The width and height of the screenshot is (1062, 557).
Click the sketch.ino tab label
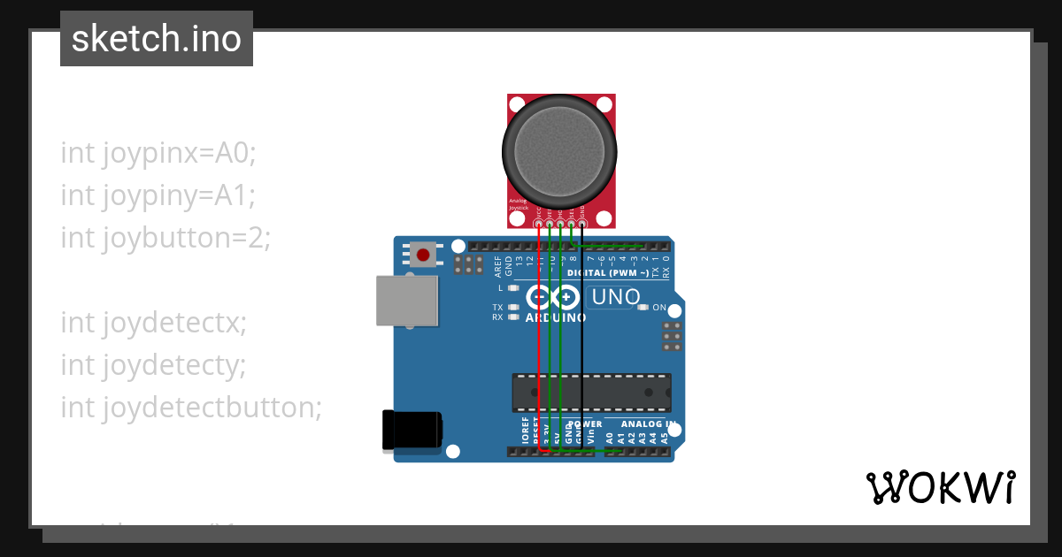point(156,39)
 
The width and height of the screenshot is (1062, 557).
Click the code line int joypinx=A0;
point(158,153)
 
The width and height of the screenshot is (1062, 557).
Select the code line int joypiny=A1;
point(158,195)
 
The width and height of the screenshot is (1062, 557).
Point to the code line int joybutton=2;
point(165,237)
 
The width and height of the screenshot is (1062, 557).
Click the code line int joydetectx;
point(153,323)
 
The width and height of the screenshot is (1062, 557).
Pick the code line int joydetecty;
point(153,364)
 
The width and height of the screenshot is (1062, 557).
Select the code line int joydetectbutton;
point(191,407)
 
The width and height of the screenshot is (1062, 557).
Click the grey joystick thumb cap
point(558,146)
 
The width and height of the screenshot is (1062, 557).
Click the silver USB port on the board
point(407,301)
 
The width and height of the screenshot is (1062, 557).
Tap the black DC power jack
point(412,431)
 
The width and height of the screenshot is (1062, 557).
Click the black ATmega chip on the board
point(591,393)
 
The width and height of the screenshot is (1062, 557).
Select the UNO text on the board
point(615,297)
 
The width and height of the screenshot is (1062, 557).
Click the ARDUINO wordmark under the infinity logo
point(555,317)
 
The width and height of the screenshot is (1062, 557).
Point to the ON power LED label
point(659,308)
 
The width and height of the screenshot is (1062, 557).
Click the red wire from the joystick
point(539,354)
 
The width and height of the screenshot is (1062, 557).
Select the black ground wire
point(581,354)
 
